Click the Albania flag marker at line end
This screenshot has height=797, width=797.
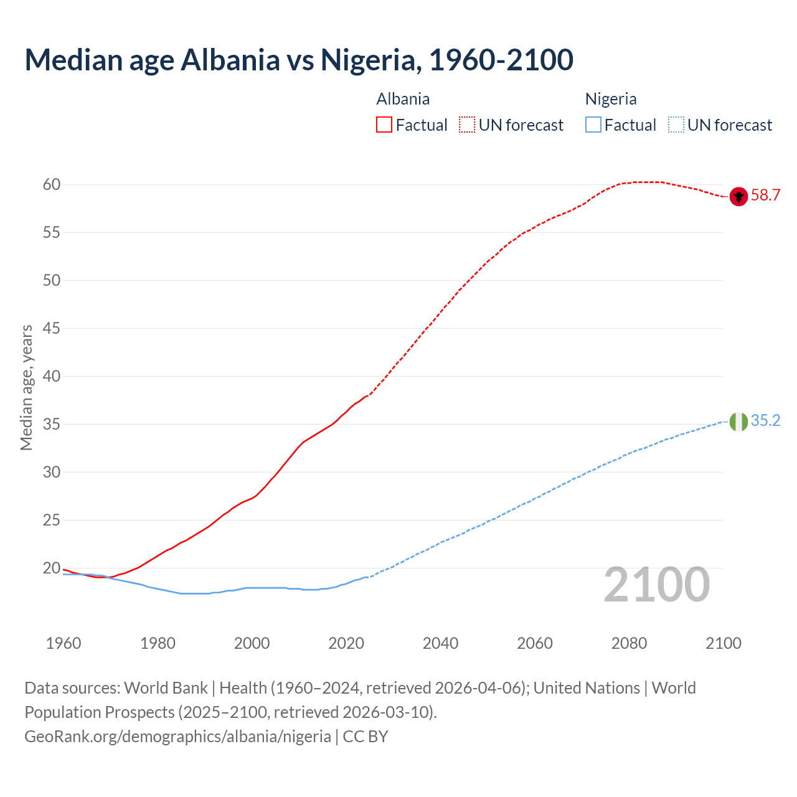tap(738, 196)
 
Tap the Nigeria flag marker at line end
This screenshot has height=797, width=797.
tap(738, 422)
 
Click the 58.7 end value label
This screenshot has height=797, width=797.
tap(765, 196)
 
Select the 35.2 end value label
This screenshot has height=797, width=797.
tap(765, 421)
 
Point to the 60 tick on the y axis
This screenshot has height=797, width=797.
tap(52, 184)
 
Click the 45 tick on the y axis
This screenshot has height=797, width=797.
tap(52, 328)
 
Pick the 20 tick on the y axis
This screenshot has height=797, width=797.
tap(52, 568)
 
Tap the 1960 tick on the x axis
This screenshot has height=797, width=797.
tap(64, 643)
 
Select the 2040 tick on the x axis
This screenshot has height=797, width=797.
tap(440, 643)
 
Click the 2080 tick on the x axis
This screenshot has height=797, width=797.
tap(629, 643)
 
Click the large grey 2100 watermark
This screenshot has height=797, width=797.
tap(656, 585)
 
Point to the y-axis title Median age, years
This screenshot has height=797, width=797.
tap(26, 387)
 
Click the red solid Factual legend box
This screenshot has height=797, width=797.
tap(384, 125)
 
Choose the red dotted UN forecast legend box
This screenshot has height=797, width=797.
tap(467, 125)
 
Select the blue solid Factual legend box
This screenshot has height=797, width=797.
tap(593, 125)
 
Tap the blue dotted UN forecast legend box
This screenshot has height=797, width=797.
tap(676, 125)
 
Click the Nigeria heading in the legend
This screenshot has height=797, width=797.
tap(611, 99)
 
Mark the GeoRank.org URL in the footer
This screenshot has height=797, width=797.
tap(177, 737)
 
